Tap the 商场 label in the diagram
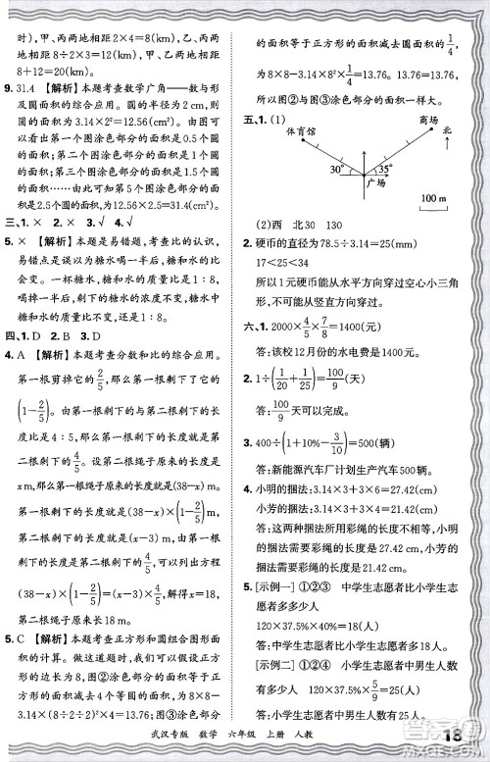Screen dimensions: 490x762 (428, 120)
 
